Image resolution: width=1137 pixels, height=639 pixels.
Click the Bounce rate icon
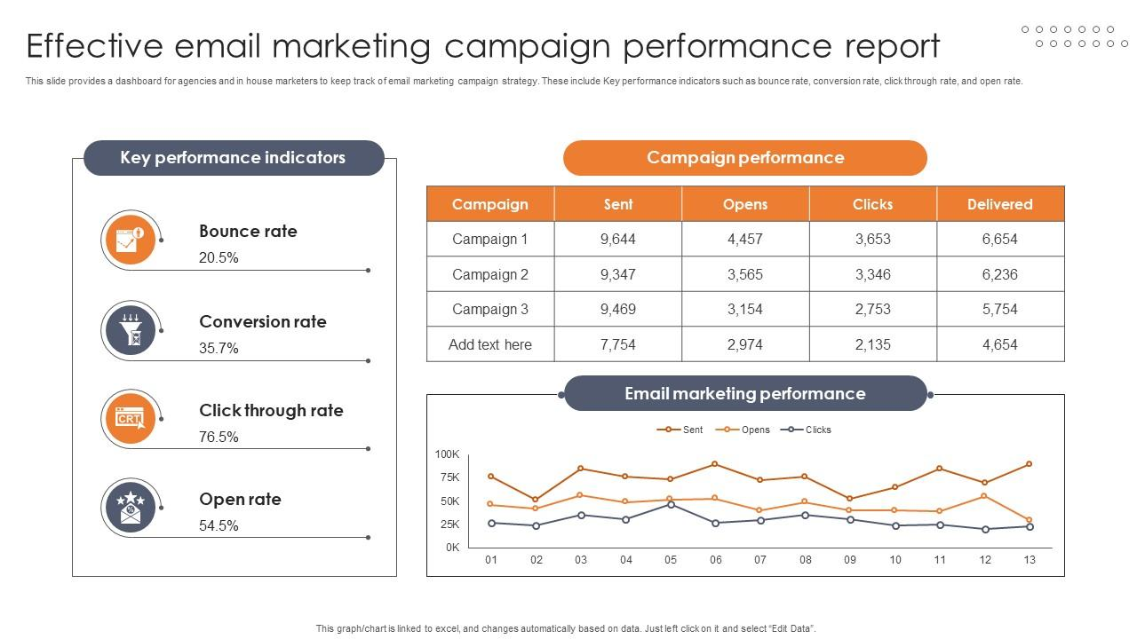point(131,240)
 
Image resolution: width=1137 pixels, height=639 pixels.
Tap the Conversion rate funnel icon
point(131,330)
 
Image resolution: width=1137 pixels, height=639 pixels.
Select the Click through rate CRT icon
point(131,418)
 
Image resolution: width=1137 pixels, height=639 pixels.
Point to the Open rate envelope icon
point(131,508)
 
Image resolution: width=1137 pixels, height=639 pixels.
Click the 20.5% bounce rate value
point(219,258)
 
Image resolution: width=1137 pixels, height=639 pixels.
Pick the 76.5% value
point(219,437)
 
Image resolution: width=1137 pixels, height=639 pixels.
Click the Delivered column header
point(999,204)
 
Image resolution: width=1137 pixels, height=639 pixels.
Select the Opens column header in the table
point(744,204)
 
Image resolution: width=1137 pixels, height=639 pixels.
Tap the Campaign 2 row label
point(490,274)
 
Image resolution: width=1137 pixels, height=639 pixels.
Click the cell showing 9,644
point(618,239)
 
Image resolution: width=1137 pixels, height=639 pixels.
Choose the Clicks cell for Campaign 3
point(872,309)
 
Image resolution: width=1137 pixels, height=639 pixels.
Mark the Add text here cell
point(490,344)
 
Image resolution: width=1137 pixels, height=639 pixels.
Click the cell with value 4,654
point(999,344)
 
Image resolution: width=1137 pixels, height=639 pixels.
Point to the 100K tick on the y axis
point(447,454)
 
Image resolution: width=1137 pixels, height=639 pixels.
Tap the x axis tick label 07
point(760,560)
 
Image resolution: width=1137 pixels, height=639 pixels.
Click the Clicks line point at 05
point(671,504)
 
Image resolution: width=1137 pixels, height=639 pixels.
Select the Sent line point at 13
point(1030,464)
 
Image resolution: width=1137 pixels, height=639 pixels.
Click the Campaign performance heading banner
point(744,158)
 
